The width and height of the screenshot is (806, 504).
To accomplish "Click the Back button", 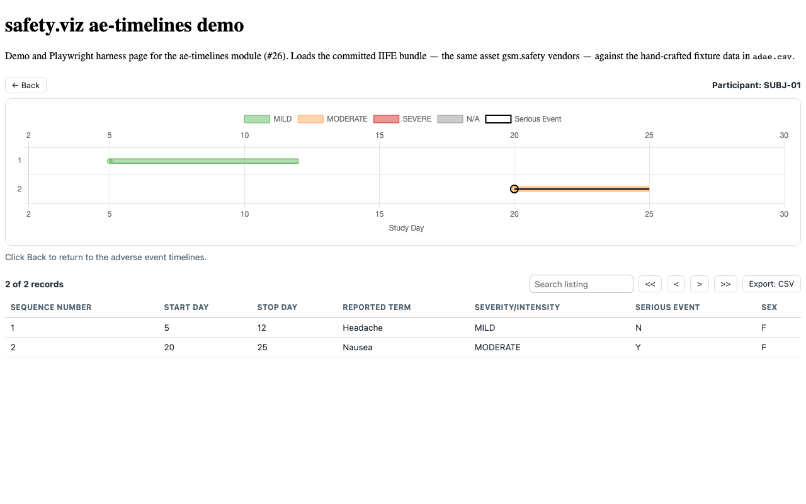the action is click(x=26, y=85).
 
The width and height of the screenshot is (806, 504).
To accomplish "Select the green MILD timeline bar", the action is click(x=203, y=161).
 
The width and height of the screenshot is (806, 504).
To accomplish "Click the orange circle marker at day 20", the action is click(x=514, y=189).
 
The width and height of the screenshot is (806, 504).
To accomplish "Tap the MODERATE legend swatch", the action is click(x=310, y=119).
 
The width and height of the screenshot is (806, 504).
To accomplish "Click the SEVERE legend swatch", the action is click(x=386, y=119).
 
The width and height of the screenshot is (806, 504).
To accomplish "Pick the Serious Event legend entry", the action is click(x=523, y=119).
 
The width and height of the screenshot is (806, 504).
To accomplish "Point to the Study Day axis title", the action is click(x=406, y=228).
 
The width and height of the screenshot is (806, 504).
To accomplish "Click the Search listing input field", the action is click(x=581, y=284).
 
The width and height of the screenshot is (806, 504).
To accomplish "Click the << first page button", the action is click(x=650, y=284).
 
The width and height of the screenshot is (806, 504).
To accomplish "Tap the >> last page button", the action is click(x=725, y=284).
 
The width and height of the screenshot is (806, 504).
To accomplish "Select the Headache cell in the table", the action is click(x=362, y=328).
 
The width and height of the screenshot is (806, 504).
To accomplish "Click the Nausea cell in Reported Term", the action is click(x=357, y=347).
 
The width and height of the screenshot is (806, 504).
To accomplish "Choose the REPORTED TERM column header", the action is click(x=377, y=307).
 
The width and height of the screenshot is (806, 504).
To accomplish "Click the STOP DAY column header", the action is click(x=277, y=307).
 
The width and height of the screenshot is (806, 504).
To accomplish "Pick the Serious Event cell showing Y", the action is click(x=638, y=347).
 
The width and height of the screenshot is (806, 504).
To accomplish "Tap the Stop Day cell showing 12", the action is click(x=261, y=328).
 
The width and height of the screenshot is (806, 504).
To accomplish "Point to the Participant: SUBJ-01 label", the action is click(x=756, y=85).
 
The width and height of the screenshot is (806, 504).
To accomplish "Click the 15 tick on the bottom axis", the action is click(x=379, y=214).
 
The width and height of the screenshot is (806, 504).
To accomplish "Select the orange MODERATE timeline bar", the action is click(x=582, y=189).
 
